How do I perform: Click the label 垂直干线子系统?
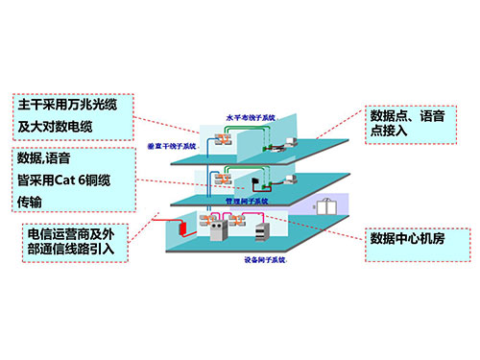pyautogui.click(x=172, y=146)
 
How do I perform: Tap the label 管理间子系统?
pyautogui.click(x=246, y=203)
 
